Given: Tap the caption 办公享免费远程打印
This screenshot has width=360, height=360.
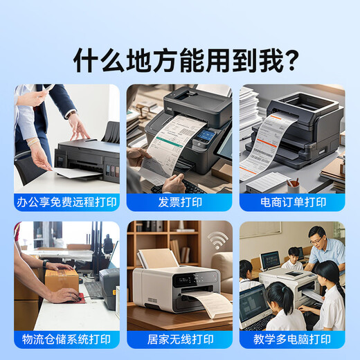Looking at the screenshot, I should pos(66,202).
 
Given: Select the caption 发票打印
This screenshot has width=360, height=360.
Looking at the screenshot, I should pos(179,202).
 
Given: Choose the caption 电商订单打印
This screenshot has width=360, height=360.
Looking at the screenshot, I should pos(292,202).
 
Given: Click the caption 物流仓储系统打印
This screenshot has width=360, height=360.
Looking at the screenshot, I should pos(66,339).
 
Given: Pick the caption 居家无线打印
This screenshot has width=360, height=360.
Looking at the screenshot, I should pos(179,339).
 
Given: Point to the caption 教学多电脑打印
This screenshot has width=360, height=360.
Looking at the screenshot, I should pos(292,339).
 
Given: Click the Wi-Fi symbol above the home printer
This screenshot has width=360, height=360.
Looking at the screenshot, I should pos(217,240).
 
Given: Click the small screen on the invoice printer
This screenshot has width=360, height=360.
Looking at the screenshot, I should pos(205,136).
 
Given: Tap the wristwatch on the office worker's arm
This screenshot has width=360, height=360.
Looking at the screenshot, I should pos(71,114).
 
